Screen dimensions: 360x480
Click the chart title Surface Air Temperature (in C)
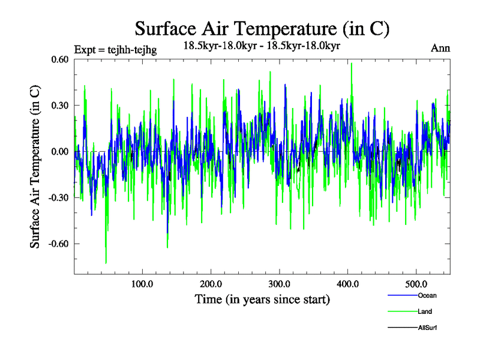pos(262,28)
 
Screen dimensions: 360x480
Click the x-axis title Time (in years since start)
pos(262,299)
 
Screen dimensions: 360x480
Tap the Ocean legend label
pos(427,295)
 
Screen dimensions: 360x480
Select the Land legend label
pos(425,311)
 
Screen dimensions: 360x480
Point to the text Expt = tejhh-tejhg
pos(115,50)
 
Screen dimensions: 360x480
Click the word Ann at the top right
pos(440,49)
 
